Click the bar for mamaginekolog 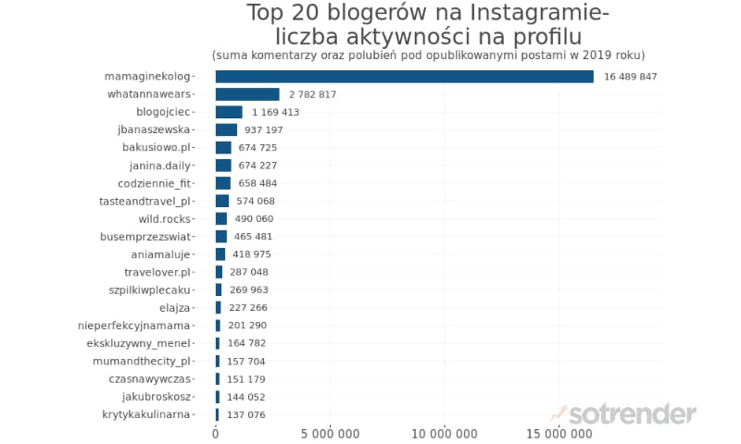[x=405, y=77]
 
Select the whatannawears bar [x=247, y=94]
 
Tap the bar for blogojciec [x=229, y=112]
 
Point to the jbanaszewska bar [x=226, y=129]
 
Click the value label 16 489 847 [x=631, y=77]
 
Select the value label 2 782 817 [x=312, y=94]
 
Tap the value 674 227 [x=257, y=166]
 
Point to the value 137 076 [x=245, y=414]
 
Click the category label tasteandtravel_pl [x=144, y=202]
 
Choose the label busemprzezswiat [x=145, y=237]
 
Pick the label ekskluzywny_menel [x=138, y=343]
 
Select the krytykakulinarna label [x=146, y=414]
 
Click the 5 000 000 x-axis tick [x=330, y=434]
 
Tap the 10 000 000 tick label [x=445, y=434]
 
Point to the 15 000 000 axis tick [x=559, y=434]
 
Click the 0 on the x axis [x=216, y=434]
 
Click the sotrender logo [x=622, y=414]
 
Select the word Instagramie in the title [x=539, y=13]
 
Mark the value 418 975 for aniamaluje [x=251, y=254]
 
